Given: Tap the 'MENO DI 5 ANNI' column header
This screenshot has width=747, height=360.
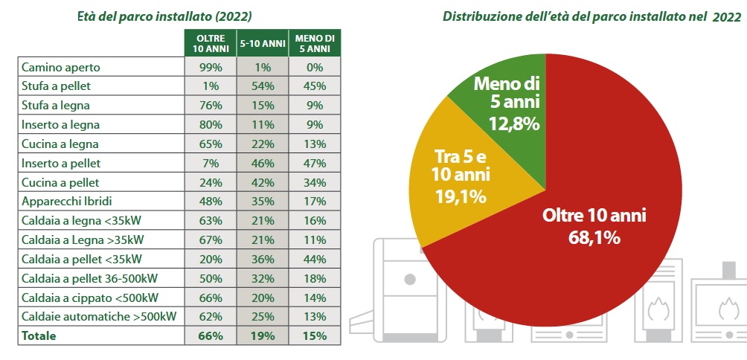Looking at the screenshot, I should click(x=313, y=43).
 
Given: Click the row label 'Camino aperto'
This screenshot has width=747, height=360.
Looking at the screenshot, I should click(x=61, y=67).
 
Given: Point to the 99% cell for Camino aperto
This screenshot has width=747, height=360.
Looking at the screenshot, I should click(x=211, y=67).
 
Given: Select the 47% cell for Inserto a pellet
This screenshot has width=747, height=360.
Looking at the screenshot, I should click(x=313, y=163).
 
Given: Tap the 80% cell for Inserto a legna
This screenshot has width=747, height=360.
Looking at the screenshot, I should click(x=211, y=124).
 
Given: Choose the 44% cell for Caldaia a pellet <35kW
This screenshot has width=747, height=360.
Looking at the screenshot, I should click(x=313, y=259).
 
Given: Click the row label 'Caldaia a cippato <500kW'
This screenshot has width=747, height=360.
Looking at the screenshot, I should click(x=90, y=298).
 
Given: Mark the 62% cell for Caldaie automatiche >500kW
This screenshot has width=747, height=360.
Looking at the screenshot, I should click(x=211, y=317).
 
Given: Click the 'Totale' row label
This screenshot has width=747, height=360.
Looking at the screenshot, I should click(x=39, y=336).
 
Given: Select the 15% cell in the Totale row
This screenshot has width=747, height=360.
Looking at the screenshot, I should click(x=313, y=336).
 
